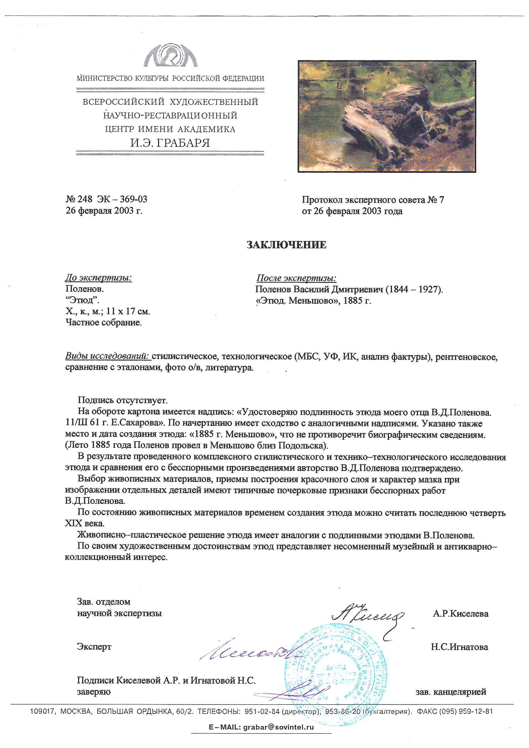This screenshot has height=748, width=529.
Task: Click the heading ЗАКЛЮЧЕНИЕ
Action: tap(286, 245)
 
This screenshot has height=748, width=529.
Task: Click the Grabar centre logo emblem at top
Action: tap(171, 55)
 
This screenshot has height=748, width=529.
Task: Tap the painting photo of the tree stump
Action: tap(387, 116)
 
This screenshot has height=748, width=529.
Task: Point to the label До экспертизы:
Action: tap(99, 278)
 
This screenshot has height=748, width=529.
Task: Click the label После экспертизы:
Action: tap(296, 278)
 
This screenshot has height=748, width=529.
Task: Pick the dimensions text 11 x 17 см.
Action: tap(128, 311)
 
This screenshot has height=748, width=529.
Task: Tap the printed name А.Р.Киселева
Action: tap(461, 614)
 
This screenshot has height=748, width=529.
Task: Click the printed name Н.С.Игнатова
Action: tap(459, 647)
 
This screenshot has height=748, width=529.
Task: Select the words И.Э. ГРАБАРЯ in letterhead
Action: tap(170, 143)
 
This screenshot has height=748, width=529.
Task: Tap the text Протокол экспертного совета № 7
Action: tap(373, 200)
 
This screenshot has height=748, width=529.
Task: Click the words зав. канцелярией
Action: tap(451, 692)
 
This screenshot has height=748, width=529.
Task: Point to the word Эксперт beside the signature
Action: tap(94, 647)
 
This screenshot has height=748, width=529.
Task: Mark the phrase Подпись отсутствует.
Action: tap(123, 400)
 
